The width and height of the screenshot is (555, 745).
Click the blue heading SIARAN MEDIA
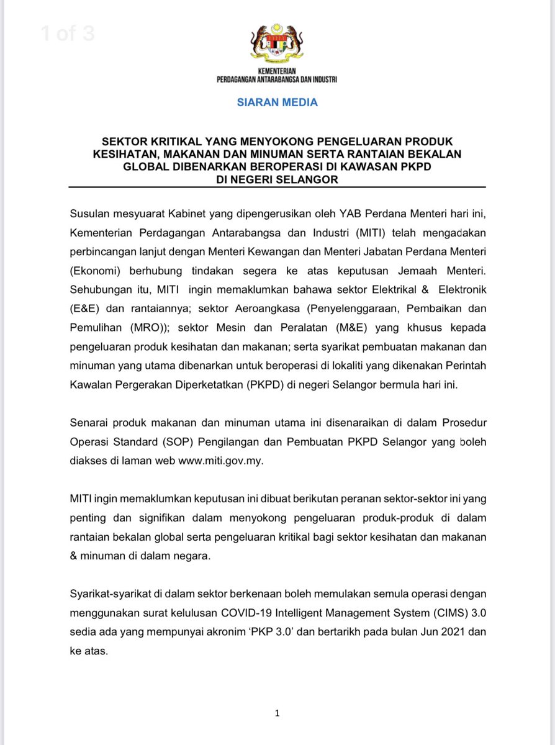pyautogui.click(x=277, y=102)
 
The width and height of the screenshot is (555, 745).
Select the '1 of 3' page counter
pyautogui.click(x=68, y=33)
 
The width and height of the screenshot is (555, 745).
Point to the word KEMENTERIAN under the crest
pyautogui.click(x=277, y=71)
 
